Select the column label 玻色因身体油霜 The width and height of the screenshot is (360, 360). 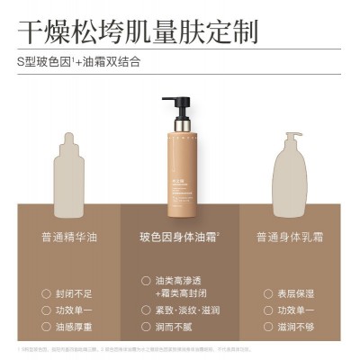tap(179, 238)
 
